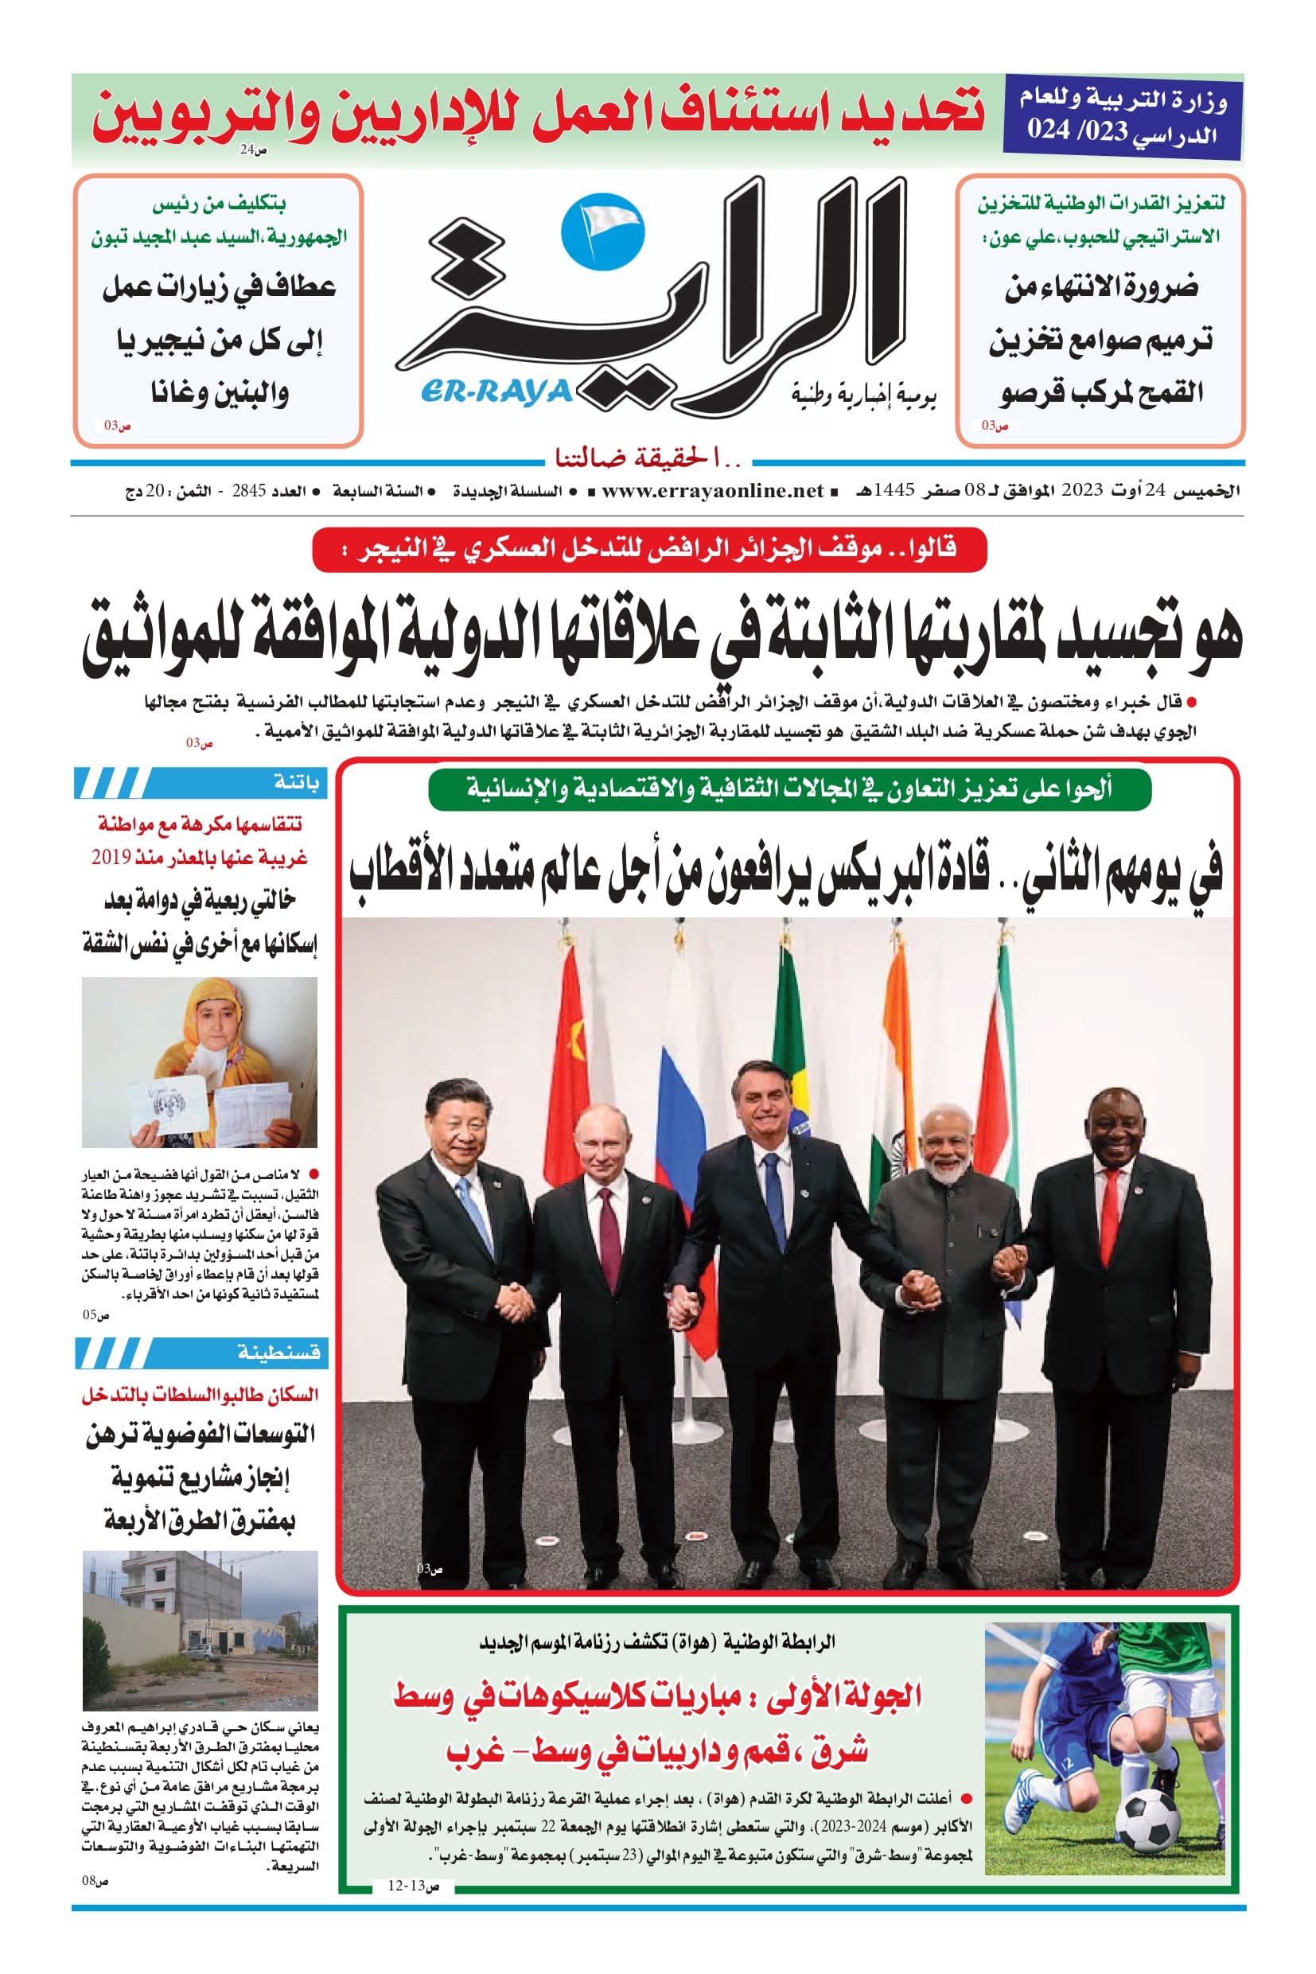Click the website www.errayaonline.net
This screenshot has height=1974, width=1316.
712,491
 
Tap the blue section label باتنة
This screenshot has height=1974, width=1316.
296,783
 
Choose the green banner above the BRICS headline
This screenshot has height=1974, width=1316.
788,789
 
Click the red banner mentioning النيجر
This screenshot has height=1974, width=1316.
648,551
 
